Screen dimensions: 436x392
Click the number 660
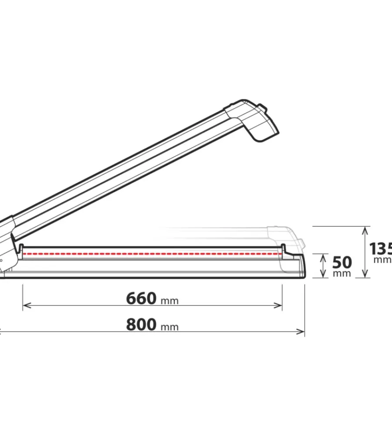[141, 299]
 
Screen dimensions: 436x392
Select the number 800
[141, 325]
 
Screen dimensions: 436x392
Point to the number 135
[380, 249]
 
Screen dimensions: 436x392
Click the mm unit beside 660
[169, 301]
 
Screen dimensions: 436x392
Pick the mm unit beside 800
[169, 327]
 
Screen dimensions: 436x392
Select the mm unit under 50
[342, 273]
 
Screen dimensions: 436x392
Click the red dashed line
[152, 253]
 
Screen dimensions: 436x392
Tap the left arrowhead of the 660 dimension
[25, 306]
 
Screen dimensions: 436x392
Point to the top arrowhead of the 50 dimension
[323, 256]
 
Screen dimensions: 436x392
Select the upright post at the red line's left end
[20, 249]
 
